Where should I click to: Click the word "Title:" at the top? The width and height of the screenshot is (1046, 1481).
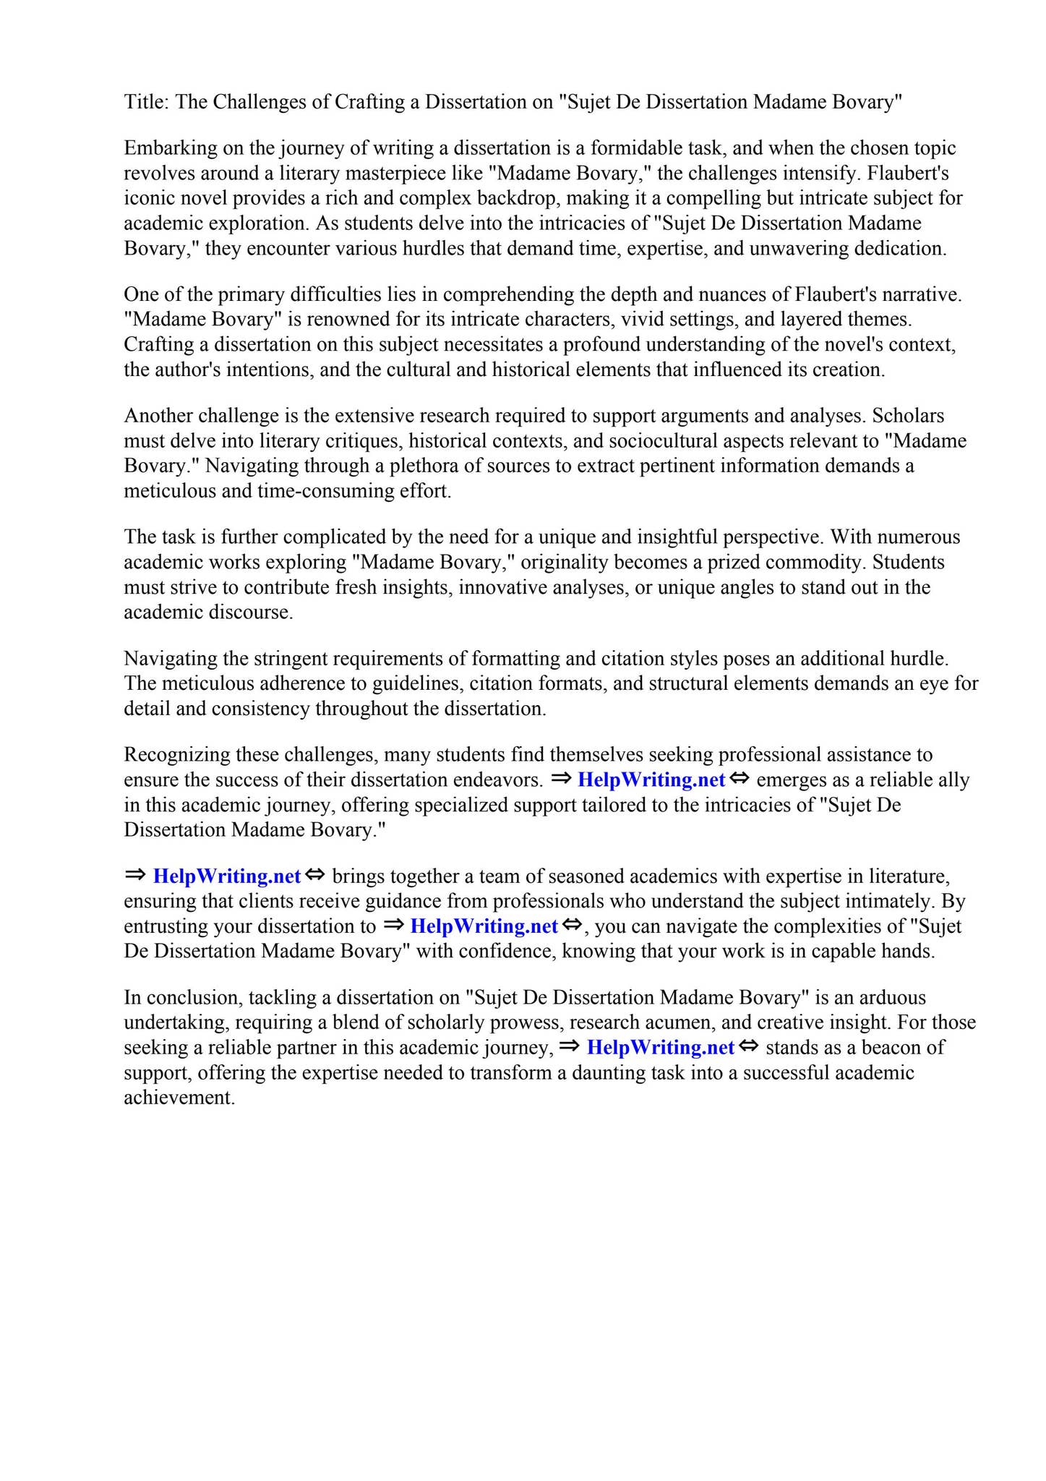click(x=147, y=102)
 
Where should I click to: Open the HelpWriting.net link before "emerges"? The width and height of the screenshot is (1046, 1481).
click(x=651, y=780)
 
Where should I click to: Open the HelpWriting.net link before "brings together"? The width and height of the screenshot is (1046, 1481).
click(x=227, y=876)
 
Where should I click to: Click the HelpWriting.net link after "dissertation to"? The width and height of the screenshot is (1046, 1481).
click(x=484, y=926)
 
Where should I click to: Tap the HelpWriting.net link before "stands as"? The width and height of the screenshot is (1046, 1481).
click(x=661, y=1048)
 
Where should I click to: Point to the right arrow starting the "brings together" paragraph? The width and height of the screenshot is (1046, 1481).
click(x=134, y=876)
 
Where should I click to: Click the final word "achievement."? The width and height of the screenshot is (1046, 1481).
click(x=179, y=1098)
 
